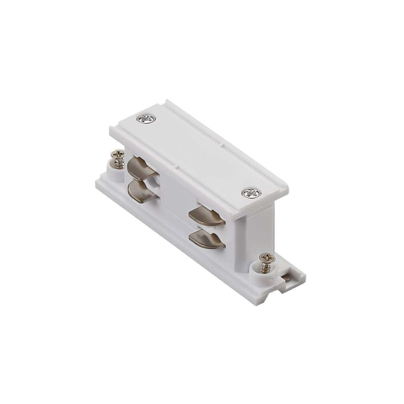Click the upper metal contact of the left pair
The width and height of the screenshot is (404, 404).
pyautogui.click(x=141, y=166)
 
